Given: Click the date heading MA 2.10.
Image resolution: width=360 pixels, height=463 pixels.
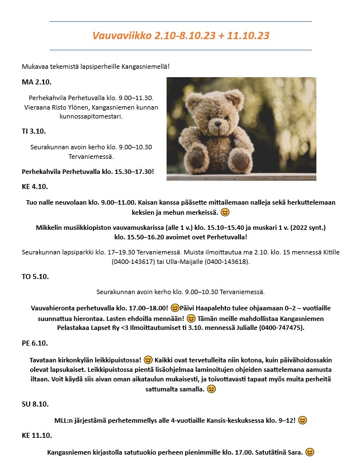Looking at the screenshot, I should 36,82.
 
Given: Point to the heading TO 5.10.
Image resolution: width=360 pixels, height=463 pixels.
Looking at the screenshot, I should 35,276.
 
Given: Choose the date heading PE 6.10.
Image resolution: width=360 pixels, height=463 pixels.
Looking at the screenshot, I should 35,343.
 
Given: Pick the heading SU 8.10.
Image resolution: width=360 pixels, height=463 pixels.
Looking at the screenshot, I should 35,404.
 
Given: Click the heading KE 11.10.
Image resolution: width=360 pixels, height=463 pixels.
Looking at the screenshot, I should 37,435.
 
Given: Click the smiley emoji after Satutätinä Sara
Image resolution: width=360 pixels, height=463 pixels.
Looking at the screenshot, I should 310,452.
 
